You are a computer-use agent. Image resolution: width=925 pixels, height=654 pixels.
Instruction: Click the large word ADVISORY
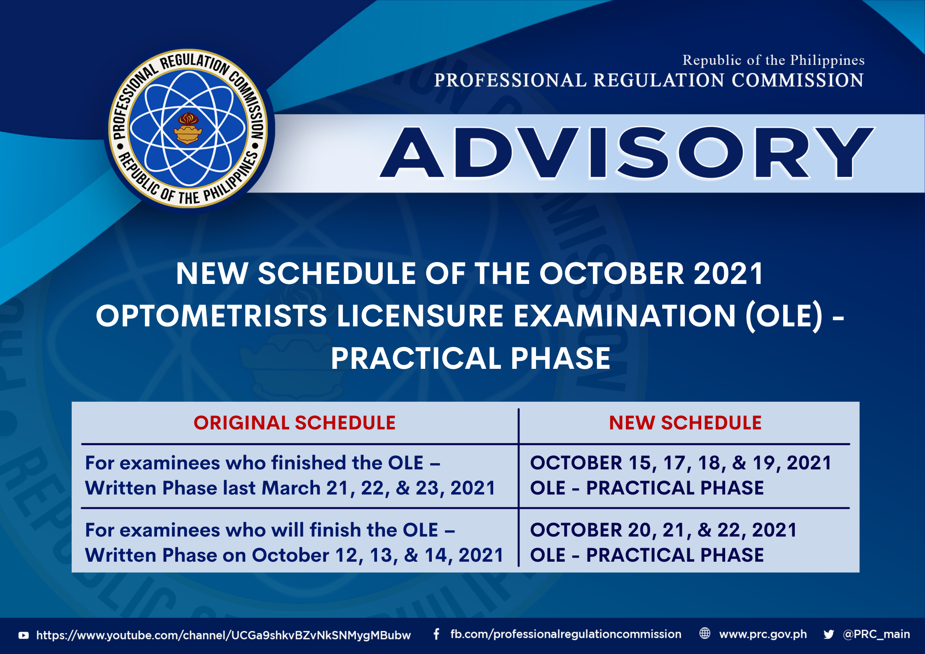[627, 153]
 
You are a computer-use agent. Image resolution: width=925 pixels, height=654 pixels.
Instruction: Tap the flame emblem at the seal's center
[188, 128]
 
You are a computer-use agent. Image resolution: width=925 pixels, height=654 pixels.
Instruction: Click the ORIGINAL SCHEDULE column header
[295, 423]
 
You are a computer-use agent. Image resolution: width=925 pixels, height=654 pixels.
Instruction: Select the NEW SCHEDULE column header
[685, 423]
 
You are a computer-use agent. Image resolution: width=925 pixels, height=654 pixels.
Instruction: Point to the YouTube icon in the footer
[23, 635]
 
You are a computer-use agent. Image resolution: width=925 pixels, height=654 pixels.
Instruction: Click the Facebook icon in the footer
[436, 634]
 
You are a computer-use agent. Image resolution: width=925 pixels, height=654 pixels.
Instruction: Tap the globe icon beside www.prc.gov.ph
[705, 633]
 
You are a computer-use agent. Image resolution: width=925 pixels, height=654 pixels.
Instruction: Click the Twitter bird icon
[829, 634]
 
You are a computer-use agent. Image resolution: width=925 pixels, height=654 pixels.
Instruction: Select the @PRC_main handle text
[876, 634]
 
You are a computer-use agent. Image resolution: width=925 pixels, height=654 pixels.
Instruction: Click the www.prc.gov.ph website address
[763, 634]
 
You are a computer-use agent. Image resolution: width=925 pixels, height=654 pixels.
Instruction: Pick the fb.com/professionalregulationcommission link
[566, 634]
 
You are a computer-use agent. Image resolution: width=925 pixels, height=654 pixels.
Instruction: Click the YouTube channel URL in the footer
[224, 635]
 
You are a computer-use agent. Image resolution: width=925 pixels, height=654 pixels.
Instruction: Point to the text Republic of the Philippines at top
[773, 60]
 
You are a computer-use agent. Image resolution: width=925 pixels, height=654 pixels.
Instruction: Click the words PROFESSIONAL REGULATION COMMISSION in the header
[649, 80]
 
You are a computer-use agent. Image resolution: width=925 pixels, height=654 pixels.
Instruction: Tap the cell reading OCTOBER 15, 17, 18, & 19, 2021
[681, 463]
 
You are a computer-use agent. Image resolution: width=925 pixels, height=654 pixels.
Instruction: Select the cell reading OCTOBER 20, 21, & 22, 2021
[663, 530]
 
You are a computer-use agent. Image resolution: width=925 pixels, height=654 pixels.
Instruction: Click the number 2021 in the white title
[728, 274]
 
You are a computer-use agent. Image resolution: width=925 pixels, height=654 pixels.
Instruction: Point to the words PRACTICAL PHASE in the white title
[471, 358]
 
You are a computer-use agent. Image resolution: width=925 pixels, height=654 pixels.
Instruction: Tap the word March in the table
[291, 488]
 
